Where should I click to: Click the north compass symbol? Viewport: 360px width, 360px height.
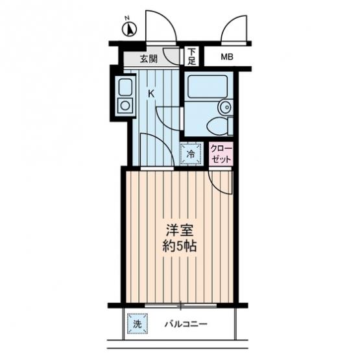129,29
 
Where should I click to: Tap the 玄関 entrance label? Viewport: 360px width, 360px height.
149,59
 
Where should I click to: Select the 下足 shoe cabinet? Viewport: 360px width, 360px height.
191,56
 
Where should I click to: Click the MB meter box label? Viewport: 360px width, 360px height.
227,56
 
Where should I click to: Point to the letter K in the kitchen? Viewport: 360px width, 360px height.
150,93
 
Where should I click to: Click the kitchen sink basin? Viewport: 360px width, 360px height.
125,87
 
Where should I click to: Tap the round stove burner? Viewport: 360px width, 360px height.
125,106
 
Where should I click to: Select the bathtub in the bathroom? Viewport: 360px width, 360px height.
208,86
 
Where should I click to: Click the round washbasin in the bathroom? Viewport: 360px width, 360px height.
226,107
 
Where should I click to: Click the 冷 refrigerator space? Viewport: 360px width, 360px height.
191,154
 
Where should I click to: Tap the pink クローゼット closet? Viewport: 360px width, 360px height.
221,154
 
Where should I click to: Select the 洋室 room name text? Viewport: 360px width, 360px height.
179,230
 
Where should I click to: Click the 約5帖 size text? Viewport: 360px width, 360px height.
179,246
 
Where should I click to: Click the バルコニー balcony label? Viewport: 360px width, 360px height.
186,324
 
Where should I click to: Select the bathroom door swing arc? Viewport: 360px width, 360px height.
163,120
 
